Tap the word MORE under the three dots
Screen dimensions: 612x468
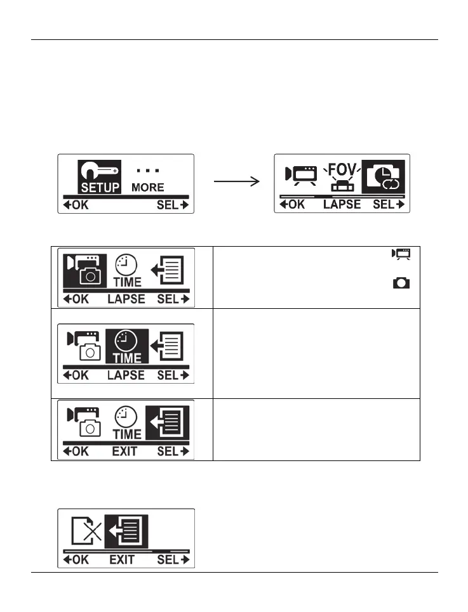tap(147, 187)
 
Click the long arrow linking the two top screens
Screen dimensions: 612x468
tap(237, 183)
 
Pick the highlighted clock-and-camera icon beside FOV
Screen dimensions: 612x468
tap(383, 176)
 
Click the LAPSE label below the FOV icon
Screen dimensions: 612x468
tap(342, 204)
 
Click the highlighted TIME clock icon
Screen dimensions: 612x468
tap(127, 346)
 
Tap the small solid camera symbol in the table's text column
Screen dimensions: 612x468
tap(401, 283)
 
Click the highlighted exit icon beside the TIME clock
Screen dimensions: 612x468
tap(170, 421)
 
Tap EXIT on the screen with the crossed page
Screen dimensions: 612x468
tap(123, 560)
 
